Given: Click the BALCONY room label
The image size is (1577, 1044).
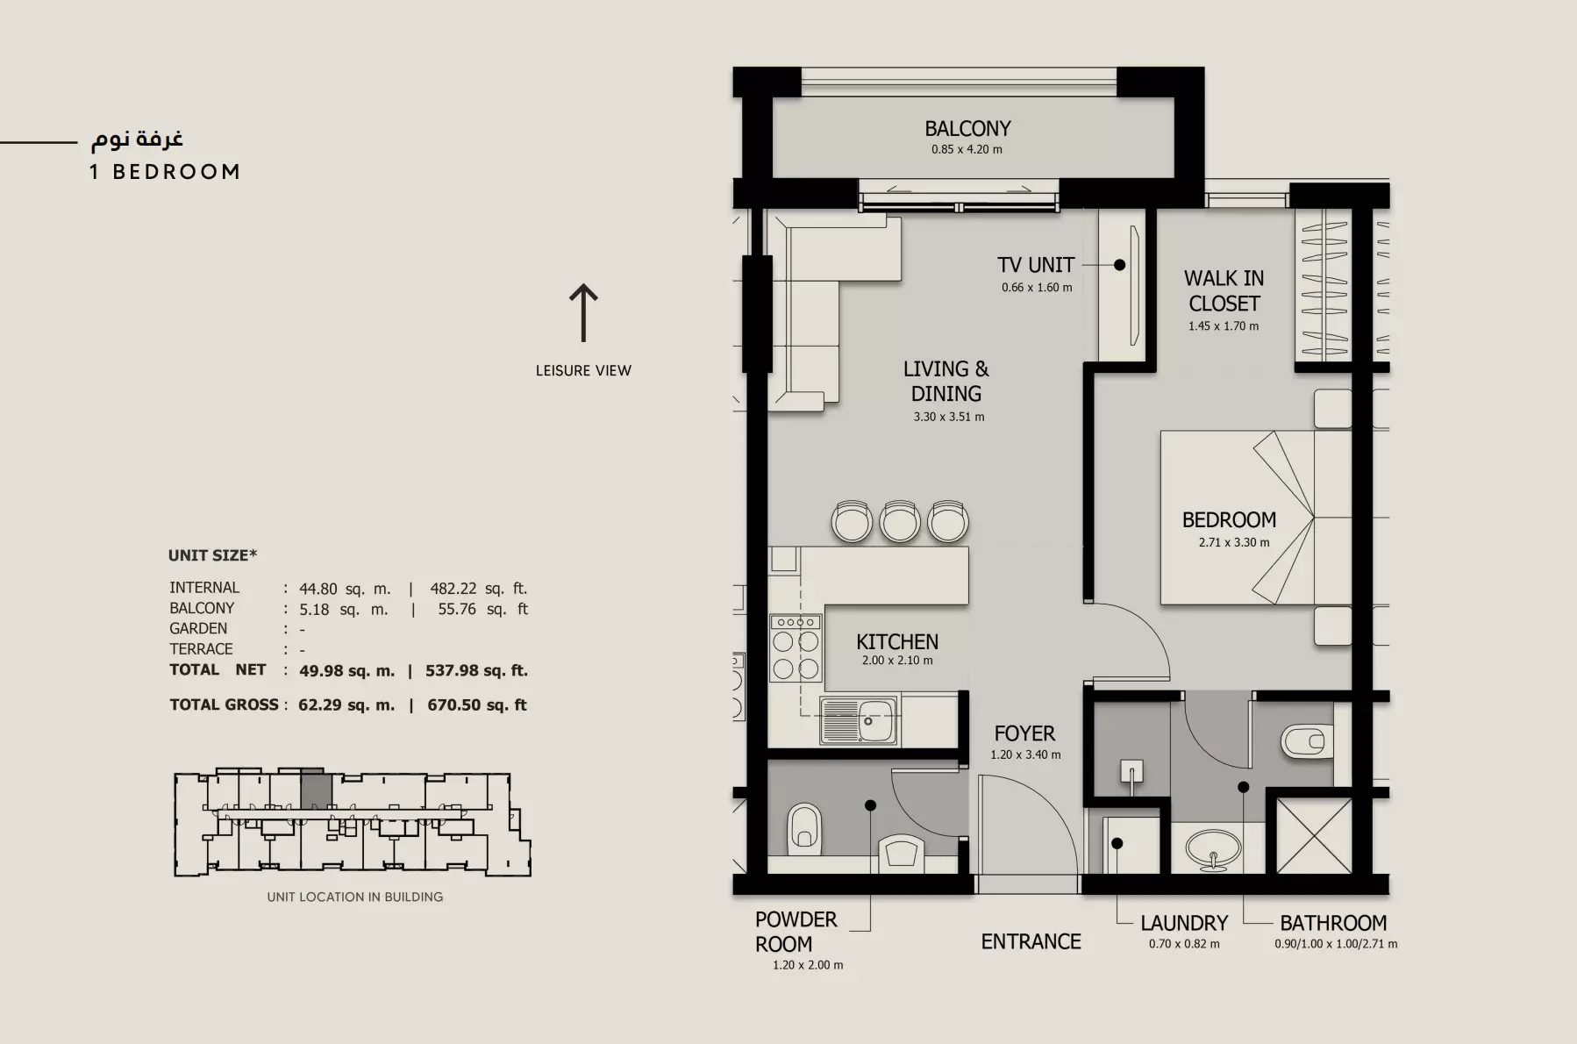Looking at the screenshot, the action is (x=967, y=129).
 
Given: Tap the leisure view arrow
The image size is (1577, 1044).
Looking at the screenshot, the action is (x=583, y=312).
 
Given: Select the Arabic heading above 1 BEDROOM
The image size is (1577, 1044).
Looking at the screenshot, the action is (x=137, y=139).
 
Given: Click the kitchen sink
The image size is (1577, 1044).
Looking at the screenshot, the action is (x=860, y=721).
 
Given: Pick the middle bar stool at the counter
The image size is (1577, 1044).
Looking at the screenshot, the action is (x=899, y=521).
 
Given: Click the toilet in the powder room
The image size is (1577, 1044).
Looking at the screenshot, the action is (x=804, y=830).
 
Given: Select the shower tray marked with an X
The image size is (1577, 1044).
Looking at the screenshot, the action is (x=1314, y=835).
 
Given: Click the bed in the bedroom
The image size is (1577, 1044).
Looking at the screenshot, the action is (x=1256, y=518).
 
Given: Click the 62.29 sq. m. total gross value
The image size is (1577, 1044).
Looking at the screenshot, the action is (x=346, y=704).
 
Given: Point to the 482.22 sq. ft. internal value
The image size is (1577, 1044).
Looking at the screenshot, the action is (x=479, y=589).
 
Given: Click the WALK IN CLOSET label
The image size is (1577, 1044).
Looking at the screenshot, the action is (x=1224, y=291).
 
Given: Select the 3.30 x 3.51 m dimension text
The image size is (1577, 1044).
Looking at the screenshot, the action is (x=949, y=417).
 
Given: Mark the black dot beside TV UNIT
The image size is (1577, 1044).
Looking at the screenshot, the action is (x=1119, y=264).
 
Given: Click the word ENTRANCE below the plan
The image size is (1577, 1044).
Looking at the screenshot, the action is (x=1031, y=941).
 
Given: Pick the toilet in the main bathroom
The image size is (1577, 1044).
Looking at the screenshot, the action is (x=1307, y=742).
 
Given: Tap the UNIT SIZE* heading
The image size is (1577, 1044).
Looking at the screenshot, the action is (x=212, y=555).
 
